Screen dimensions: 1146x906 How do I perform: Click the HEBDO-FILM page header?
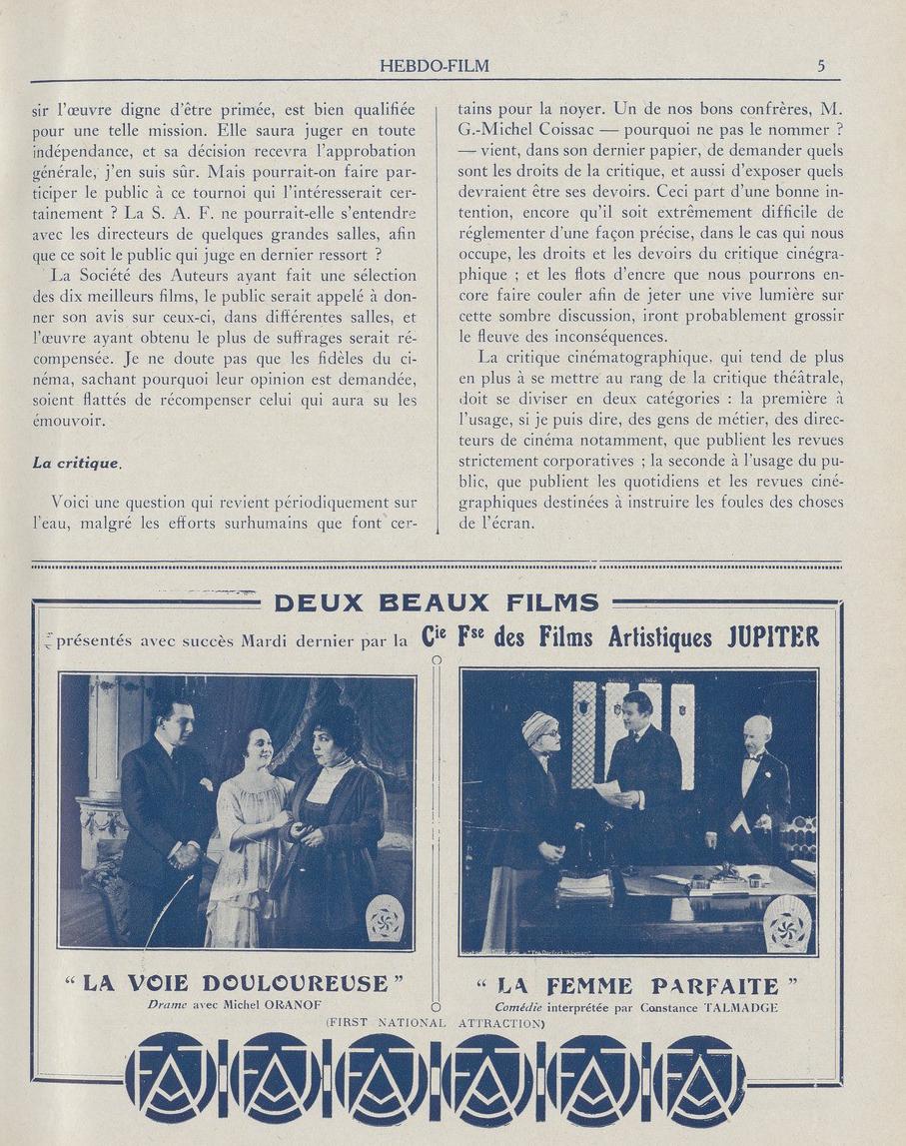click(435, 67)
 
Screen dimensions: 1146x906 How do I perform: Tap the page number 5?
click(820, 67)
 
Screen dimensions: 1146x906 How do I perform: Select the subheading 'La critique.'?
click(77, 462)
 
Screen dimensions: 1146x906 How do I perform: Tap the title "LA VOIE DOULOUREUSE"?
click(235, 983)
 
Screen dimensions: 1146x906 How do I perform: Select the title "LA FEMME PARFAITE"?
click(638, 986)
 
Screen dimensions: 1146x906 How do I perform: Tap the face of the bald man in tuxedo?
click(757, 733)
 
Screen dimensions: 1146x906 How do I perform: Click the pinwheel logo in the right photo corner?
click(788, 924)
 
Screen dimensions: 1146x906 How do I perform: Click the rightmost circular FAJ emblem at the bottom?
click(703, 1078)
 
